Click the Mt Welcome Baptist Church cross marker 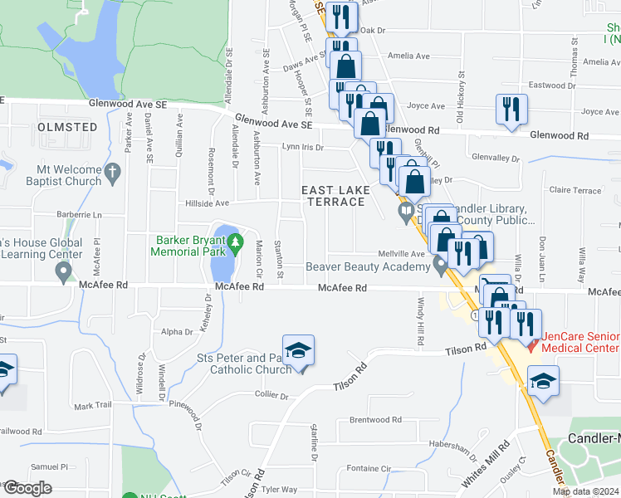pyautogui.click(x=114, y=173)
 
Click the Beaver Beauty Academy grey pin pyautogui.click(x=440, y=266)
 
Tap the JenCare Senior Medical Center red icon pyautogui.click(x=533, y=339)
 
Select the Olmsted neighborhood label pyautogui.click(x=67, y=127)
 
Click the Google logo pyautogui.click(x=27, y=487)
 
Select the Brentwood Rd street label pyautogui.click(x=375, y=420)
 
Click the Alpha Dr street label pyautogui.click(x=177, y=331)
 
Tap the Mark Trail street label pyautogui.click(x=92, y=406)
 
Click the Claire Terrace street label pyautogui.click(x=575, y=190)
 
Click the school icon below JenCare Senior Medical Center pyautogui.click(x=544, y=381)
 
